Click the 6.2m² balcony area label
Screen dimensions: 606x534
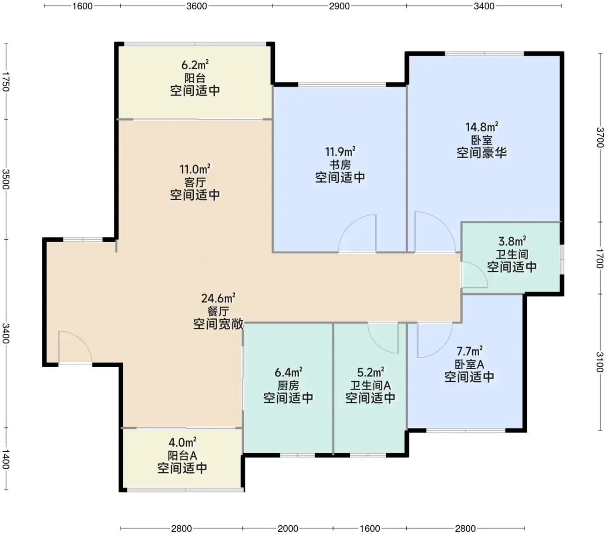(x=195, y=64)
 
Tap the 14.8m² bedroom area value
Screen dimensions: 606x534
(x=481, y=127)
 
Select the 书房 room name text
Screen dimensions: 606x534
(x=340, y=165)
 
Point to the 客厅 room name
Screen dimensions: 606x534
(x=195, y=182)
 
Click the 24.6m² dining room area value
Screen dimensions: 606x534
(x=218, y=298)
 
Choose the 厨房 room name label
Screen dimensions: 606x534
(x=288, y=385)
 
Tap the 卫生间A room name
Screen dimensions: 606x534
(x=370, y=385)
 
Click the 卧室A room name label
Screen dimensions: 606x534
(x=469, y=364)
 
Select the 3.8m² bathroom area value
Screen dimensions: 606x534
(x=512, y=241)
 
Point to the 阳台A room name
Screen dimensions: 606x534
(x=182, y=455)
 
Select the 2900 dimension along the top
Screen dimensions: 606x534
(x=339, y=6)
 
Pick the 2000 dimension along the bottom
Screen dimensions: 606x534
(x=288, y=528)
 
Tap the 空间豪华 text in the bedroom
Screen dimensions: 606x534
(x=481, y=153)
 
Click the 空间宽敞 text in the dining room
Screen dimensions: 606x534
(x=218, y=324)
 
